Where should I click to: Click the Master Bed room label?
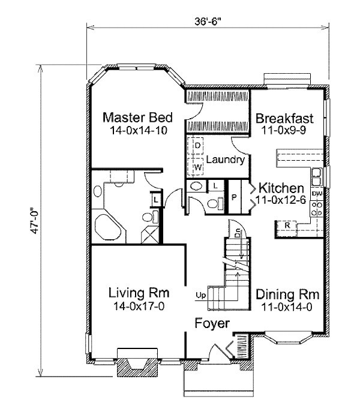coord(137,116)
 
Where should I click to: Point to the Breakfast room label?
coord(284,116)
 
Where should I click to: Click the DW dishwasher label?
coord(318,194)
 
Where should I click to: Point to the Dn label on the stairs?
coord(237,231)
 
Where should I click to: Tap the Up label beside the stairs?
coord(200,295)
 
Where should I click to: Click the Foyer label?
coord(212,324)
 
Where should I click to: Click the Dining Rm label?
coord(283,295)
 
